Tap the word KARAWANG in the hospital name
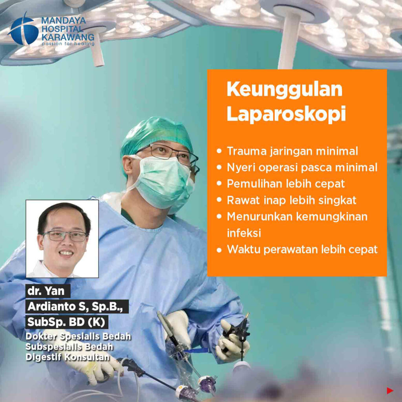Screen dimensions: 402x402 coord(68,37)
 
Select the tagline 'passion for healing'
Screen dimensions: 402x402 coord(68,44)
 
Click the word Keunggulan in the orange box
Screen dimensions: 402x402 coord(284,90)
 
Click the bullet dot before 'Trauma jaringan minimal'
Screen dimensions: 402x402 coord(219,151)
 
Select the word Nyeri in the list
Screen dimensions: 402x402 coord(241,168)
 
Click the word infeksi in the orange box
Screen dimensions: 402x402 coord(244,233)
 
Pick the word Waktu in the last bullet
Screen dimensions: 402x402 coord(243,249)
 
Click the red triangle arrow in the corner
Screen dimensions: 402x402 coord(390,391)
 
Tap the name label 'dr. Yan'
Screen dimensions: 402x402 coord(48,291)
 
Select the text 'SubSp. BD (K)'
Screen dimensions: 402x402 coord(67,322)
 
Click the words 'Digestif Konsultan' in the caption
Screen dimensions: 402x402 coord(68,357)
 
